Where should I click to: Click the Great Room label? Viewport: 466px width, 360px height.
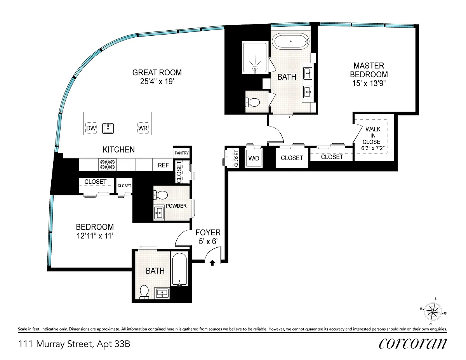157,73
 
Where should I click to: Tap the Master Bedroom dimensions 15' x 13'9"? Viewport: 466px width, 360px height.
369,83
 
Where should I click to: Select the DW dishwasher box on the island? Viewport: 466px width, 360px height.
91,128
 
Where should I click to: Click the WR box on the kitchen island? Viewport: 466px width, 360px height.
143,128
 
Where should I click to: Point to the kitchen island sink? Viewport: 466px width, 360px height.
108,128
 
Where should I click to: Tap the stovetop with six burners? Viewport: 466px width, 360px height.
107,164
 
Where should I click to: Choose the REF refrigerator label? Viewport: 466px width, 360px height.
163,165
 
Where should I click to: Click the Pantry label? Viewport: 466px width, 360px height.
181,153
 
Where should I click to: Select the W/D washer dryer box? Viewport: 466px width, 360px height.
254,158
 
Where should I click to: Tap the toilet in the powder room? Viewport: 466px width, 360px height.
161,195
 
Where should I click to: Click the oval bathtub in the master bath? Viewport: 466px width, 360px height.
290,41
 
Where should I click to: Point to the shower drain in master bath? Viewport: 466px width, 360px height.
255,68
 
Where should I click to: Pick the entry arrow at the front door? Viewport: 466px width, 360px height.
212,263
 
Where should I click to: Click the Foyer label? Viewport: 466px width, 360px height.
208,233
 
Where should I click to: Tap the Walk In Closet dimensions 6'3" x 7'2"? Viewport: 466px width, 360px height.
373,148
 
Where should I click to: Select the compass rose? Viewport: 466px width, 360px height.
433,311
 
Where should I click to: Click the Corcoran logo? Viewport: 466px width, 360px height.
413,344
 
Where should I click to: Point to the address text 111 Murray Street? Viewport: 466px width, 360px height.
56,344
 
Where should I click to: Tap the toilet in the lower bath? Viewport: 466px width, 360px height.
144,292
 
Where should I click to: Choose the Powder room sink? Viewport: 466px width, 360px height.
159,213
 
